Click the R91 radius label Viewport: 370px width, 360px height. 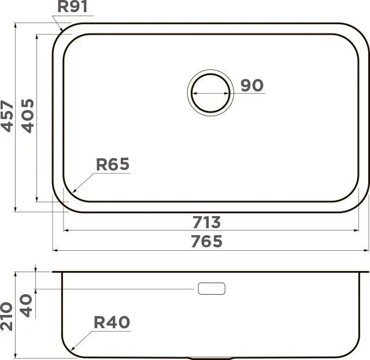tap(72, 6)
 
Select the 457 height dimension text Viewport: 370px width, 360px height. tap(7, 116)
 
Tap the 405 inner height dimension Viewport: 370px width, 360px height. tap(28, 116)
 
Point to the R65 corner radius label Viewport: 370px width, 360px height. tap(113, 164)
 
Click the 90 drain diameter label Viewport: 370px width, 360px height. tap(252, 85)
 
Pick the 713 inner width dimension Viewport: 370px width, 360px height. tap(207, 222)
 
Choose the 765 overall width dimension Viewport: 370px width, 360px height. tap(207, 241)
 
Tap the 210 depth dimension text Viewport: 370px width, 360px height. tap(6, 316)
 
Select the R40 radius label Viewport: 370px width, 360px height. tap(112, 322)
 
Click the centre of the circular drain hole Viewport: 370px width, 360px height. tap(210, 92)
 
